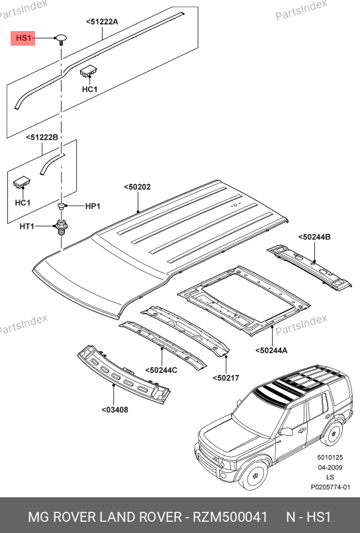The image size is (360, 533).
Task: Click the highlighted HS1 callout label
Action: coord(23,38)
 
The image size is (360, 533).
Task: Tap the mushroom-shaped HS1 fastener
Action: coord(61,39)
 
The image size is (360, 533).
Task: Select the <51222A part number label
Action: coord(102,22)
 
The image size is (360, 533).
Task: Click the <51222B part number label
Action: coord(42,138)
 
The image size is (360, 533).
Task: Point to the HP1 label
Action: coord(93,206)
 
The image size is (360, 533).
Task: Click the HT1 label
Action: coord(27,226)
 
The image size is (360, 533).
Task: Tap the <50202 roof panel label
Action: coord(137,186)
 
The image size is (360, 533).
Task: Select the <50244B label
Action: coord(314,237)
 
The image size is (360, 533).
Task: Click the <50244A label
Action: coord(271,350)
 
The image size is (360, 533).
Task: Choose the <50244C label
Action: coord(161,370)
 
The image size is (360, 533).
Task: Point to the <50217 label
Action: coord(226,378)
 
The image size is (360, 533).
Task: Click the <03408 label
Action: coord(115,409)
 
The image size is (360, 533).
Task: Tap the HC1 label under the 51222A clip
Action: coord(89,89)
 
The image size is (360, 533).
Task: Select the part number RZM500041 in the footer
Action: coord(230,517)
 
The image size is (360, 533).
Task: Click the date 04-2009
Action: coord(330,468)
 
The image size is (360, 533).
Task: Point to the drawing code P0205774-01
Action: coord(330,487)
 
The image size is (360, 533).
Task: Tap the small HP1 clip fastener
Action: coord(62,206)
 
